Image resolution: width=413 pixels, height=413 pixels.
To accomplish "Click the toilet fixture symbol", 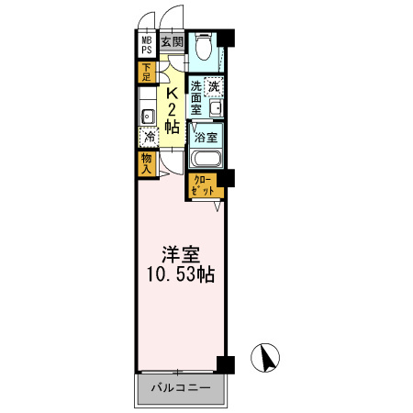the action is tap(203, 47).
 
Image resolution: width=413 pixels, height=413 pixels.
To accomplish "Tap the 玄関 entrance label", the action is tap(173, 41).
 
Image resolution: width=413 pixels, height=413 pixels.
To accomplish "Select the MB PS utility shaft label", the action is tap(147, 45).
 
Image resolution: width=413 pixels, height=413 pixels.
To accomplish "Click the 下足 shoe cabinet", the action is tap(147, 73).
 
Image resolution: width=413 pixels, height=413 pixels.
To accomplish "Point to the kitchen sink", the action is tap(148, 117).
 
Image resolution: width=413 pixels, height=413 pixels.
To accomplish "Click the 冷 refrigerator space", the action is tap(149, 137).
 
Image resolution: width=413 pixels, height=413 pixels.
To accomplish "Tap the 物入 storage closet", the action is tap(147, 164).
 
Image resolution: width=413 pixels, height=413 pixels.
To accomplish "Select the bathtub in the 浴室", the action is tap(206, 159).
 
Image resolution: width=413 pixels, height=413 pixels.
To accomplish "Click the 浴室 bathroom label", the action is tap(206, 138).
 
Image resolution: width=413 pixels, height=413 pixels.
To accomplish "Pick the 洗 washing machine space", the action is tap(214, 86).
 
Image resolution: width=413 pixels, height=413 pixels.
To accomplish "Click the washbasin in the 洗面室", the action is tap(217, 108).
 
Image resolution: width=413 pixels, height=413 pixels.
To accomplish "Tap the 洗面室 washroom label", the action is tap(196, 98).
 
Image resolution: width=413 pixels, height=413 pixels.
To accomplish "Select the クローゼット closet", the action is tap(205, 185).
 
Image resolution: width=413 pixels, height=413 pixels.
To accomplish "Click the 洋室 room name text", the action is tap(181, 255).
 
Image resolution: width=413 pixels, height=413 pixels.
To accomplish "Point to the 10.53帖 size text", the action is tap(181, 274).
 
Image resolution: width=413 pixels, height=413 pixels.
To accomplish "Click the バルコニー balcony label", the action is tap(181, 388).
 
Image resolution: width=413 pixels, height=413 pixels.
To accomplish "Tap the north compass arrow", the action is tap(267, 357).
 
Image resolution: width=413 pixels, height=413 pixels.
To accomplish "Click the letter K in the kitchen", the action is tap(172, 93).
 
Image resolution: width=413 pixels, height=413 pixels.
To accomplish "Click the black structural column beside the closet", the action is tap(226, 178).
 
